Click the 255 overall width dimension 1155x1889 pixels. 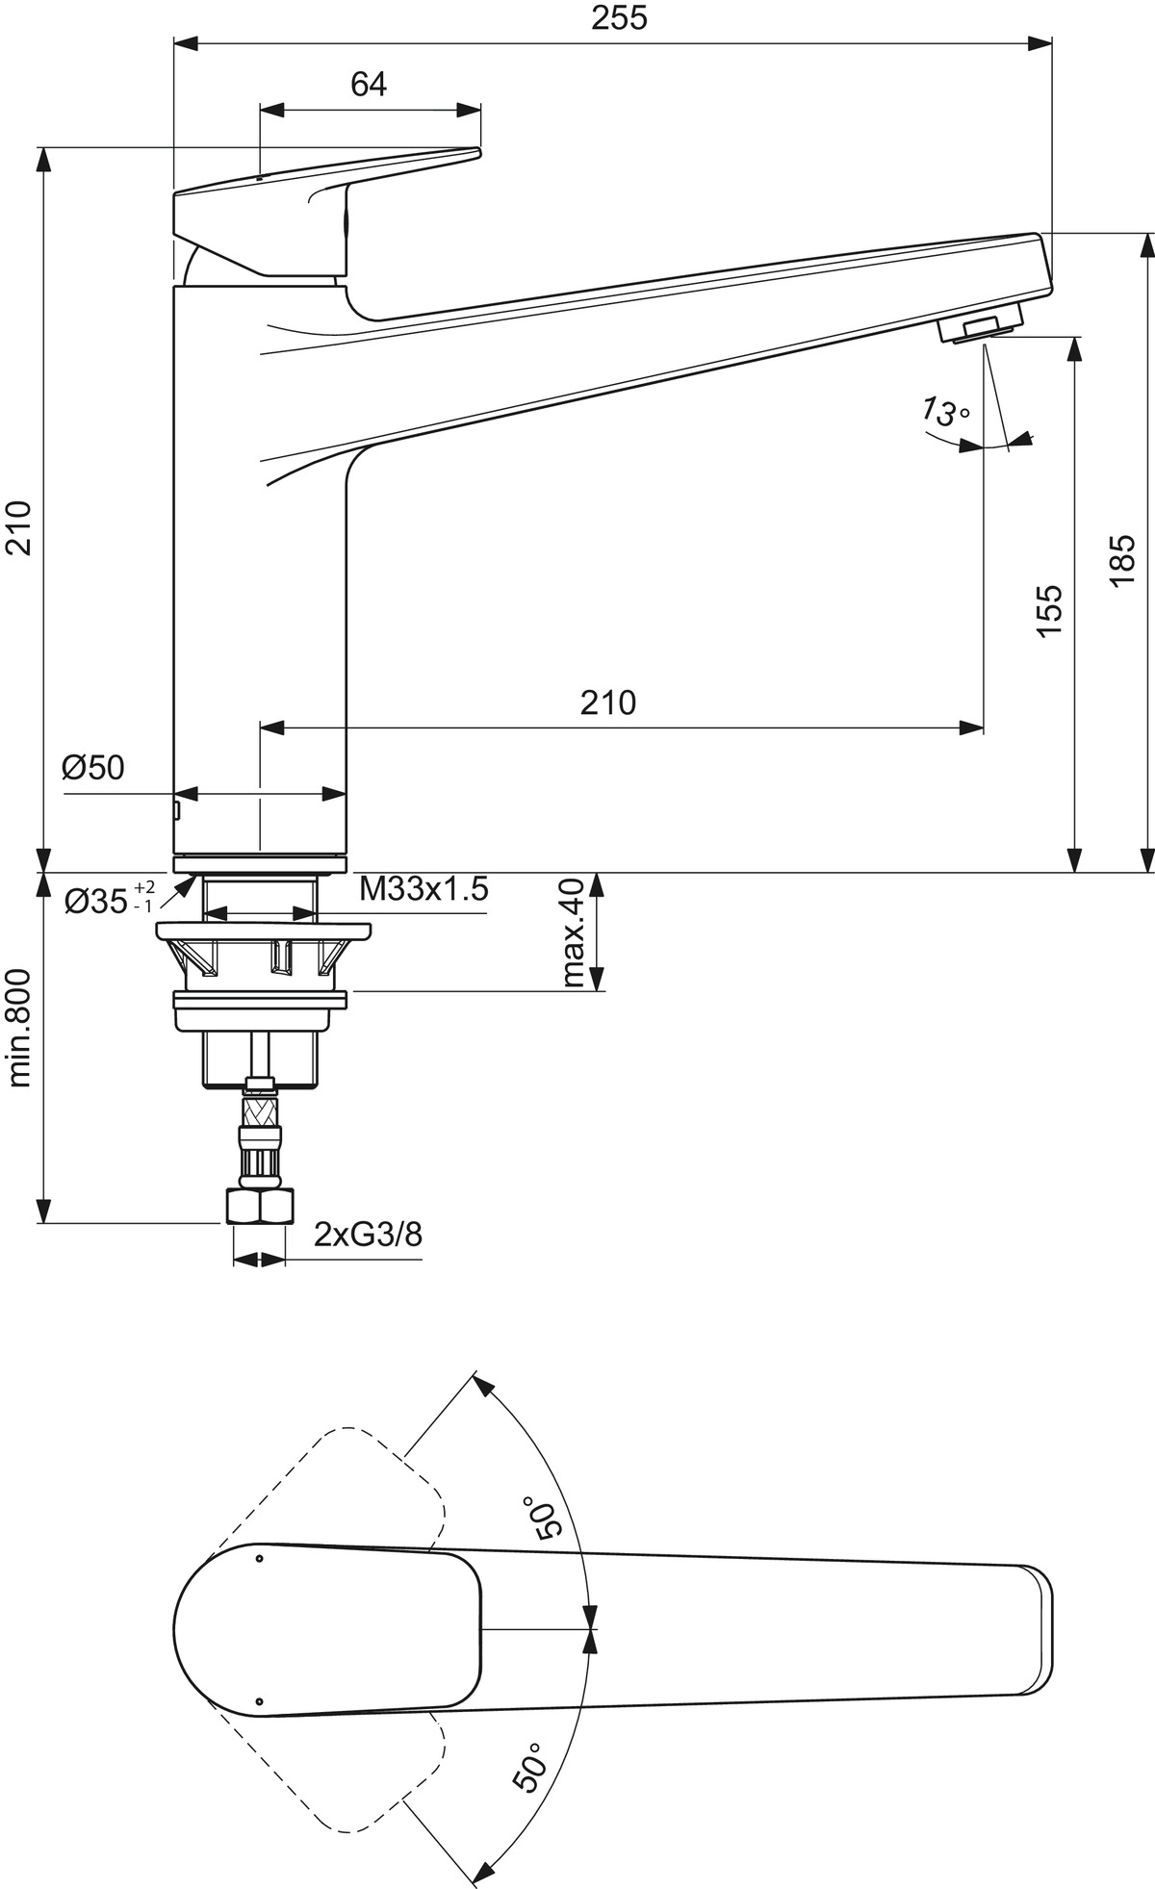tap(619, 18)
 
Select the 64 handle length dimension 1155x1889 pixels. tap(369, 85)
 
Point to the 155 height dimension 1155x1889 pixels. tap(1048, 609)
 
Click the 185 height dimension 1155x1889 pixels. tap(1122, 559)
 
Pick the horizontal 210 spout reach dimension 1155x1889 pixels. tap(608, 702)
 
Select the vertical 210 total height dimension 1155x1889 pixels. tap(20, 527)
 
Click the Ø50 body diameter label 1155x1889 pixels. tap(93, 767)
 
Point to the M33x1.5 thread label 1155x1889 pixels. tap(423, 889)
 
